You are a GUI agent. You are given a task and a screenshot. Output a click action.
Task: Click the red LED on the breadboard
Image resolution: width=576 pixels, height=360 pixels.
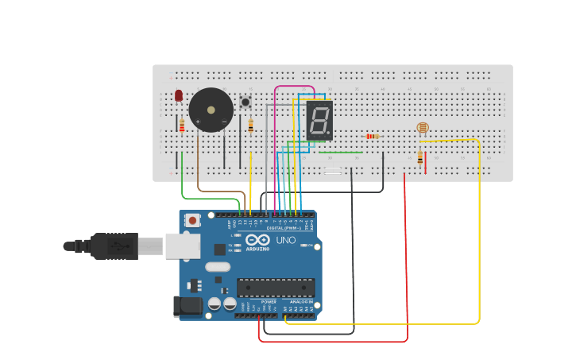(x=179, y=95)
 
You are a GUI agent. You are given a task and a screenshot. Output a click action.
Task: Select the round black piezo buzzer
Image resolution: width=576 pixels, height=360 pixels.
(x=211, y=110)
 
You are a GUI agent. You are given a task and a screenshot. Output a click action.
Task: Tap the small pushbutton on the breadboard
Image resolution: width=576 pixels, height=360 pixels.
(x=245, y=102)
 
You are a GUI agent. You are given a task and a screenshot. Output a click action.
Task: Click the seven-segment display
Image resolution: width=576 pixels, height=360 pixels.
(x=319, y=121)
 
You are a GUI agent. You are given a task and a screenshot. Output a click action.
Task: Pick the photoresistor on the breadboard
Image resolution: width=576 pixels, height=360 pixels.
(x=422, y=127)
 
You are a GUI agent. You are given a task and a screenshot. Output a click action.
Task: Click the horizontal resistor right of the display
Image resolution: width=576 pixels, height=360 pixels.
(x=371, y=136)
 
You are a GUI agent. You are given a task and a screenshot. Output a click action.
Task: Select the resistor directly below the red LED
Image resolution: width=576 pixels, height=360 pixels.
(x=182, y=126)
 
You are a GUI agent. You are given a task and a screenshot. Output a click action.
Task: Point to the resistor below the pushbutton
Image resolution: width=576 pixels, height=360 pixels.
(x=251, y=126)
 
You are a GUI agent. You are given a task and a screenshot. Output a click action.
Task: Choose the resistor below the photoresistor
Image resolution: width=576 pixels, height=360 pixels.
(x=420, y=157)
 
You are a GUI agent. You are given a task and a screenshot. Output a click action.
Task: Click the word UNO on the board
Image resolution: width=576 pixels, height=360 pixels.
(x=285, y=240)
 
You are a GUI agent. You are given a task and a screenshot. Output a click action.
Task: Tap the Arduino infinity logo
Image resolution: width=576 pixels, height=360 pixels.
(x=257, y=240)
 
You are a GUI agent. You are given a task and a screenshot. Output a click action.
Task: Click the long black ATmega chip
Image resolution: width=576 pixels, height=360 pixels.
(x=276, y=288)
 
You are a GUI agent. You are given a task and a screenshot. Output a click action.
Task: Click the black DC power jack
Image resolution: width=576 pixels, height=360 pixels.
(x=188, y=305)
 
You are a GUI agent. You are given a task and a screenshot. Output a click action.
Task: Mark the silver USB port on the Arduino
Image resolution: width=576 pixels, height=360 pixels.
(x=182, y=246)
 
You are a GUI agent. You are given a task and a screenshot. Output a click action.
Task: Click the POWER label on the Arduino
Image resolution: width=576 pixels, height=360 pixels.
(x=269, y=302)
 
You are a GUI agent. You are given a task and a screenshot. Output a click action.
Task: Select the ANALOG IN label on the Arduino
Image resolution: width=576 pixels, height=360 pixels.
(x=300, y=302)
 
